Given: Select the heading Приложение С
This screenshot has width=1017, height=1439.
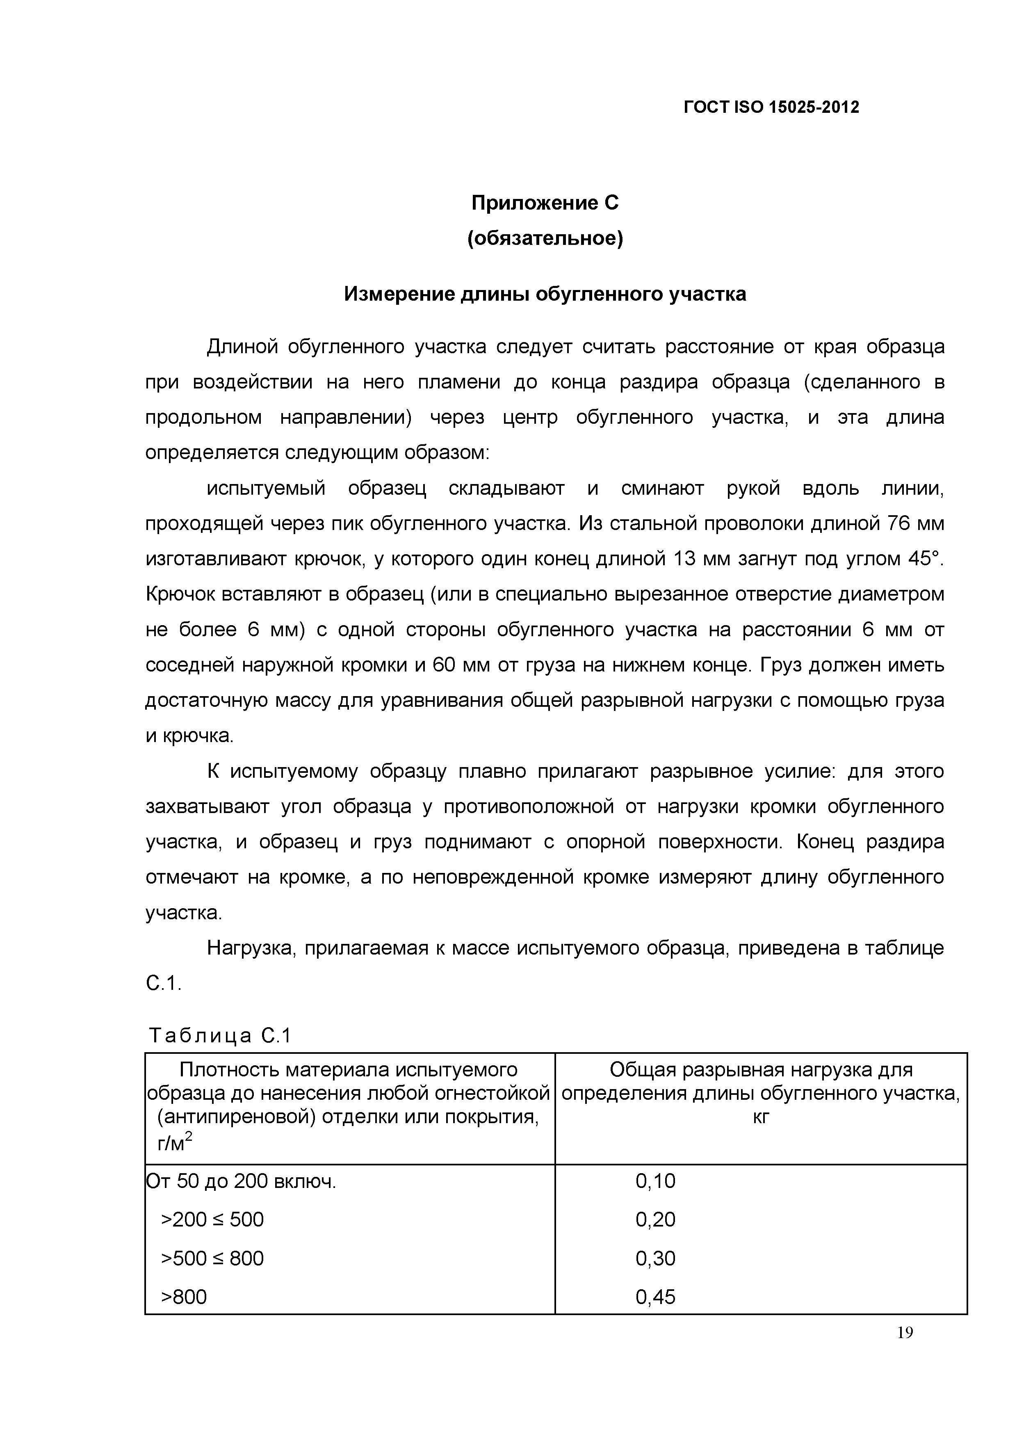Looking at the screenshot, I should point(545,203).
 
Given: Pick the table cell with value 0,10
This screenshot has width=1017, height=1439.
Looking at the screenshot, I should point(655,1181).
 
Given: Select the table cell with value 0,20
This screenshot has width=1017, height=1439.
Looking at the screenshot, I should point(655,1220).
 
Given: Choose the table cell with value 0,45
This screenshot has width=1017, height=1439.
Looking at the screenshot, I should point(655,1297).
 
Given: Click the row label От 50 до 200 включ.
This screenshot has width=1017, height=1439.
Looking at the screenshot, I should point(241,1181).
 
